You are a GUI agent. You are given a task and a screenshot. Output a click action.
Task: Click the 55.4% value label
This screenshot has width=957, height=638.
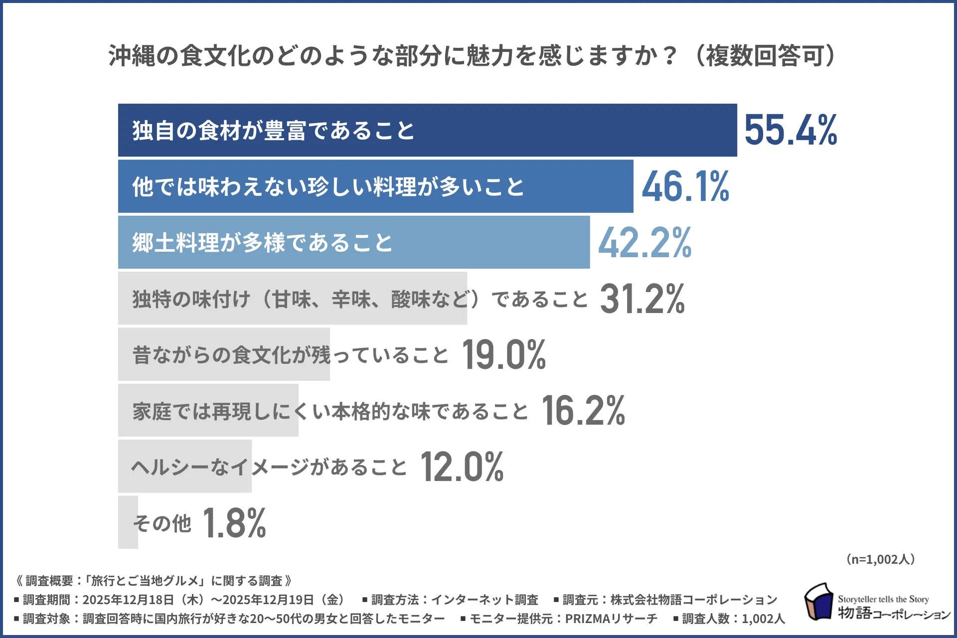(x=791, y=130)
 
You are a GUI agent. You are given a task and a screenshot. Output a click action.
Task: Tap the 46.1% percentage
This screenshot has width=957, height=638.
(x=685, y=186)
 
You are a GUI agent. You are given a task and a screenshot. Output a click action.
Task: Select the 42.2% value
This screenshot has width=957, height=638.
(x=644, y=243)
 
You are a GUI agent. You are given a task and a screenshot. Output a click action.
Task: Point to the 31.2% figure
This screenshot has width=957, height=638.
(x=642, y=299)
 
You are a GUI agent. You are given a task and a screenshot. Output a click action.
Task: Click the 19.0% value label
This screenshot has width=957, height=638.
(x=504, y=355)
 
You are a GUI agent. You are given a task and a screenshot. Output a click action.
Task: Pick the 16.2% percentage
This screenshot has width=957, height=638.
(x=583, y=411)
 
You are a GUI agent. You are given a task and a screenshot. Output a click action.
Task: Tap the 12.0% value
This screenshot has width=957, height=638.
(x=462, y=467)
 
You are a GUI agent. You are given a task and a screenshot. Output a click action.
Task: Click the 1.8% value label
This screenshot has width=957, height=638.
(x=234, y=523)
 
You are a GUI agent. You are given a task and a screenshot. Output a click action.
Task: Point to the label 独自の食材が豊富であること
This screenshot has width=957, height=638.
(x=273, y=131)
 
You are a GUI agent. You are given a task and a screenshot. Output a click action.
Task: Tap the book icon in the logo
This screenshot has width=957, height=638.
(x=818, y=602)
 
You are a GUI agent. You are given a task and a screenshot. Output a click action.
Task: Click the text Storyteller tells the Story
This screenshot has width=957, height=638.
(x=883, y=599)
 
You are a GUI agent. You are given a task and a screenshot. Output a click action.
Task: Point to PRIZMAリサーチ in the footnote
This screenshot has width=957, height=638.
(x=611, y=619)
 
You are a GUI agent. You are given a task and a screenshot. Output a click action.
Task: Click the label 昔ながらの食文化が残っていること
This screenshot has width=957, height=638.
(x=291, y=355)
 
